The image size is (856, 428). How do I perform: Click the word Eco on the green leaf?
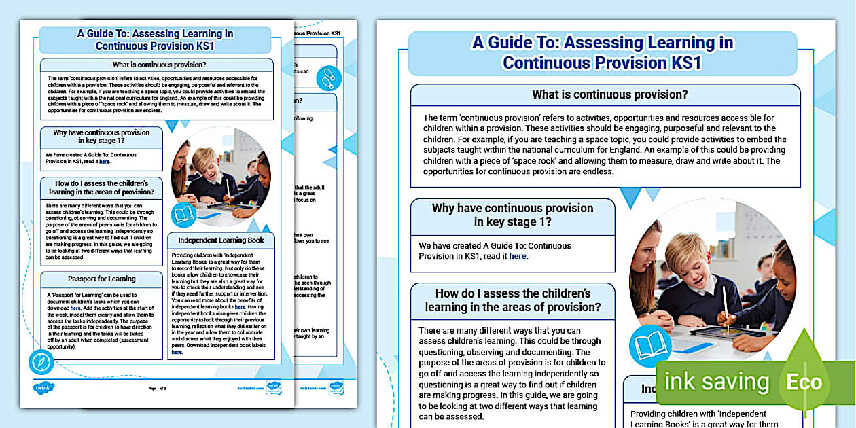pyautogui.click(x=804, y=382)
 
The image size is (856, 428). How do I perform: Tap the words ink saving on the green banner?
pyautogui.click(x=717, y=382)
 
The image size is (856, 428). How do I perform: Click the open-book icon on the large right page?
pyautogui.click(x=652, y=345)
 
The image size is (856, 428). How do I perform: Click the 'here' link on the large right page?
pyautogui.click(x=518, y=256)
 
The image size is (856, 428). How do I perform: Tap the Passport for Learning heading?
pyautogui.click(x=102, y=279)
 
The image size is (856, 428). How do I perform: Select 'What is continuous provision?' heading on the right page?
pyautogui.click(x=609, y=94)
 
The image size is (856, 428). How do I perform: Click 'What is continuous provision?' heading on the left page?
pyautogui.click(x=156, y=65)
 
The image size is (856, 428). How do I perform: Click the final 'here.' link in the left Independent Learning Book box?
pyautogui.click(x=177, y=352)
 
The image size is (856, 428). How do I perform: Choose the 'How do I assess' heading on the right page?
pyautogui.click(x=513, y=300)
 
